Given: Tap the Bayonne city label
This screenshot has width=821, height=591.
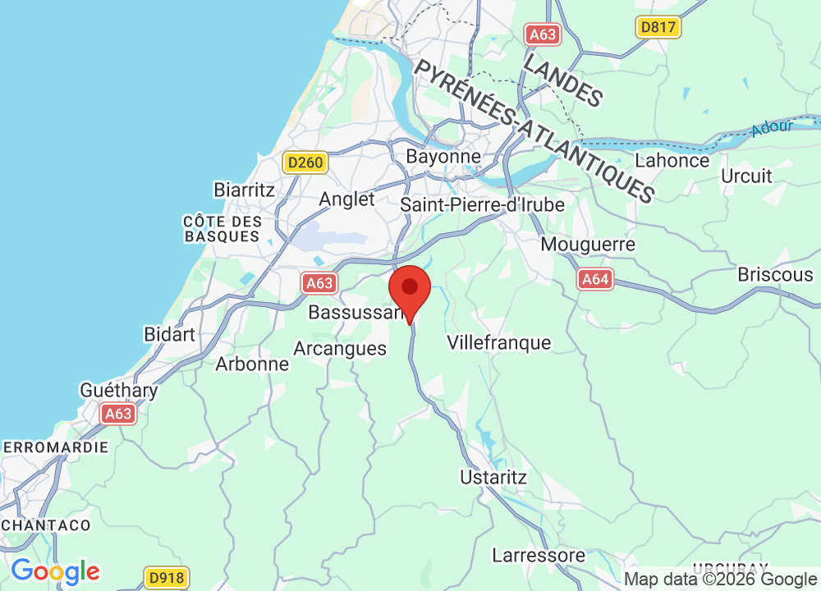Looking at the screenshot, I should click(443, 156).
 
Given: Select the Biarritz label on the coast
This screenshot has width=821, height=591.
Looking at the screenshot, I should click(244, 190).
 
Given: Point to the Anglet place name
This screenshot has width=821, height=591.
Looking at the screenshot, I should click(346, 199).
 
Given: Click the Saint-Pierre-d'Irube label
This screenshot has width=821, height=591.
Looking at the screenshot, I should click(483, 204).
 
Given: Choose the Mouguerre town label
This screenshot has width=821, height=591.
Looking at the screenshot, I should click(588, 245).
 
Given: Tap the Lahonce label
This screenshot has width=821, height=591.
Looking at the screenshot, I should click(672, 160).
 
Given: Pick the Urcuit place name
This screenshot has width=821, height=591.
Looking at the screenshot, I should click(746, 176).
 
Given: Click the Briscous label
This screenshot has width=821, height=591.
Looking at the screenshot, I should click(775, 274).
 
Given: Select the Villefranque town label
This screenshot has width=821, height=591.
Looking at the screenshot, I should click(498, 342).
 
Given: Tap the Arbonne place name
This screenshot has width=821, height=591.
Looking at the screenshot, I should click(252, 364).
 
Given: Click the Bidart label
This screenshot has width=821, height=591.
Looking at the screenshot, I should click(170, 334).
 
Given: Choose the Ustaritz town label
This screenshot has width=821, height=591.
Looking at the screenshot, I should click(493, 477).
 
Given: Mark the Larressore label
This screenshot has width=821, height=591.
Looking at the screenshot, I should click(539, 555).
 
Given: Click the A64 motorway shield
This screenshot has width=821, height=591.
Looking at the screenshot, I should click(595, 280).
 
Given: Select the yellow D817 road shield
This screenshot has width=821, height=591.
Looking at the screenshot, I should click(658, 28).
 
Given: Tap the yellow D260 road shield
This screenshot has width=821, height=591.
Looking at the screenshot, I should click(305, 163).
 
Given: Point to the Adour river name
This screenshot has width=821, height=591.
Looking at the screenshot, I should click(773, 127).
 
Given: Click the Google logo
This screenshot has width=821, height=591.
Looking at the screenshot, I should click(55, 570).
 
